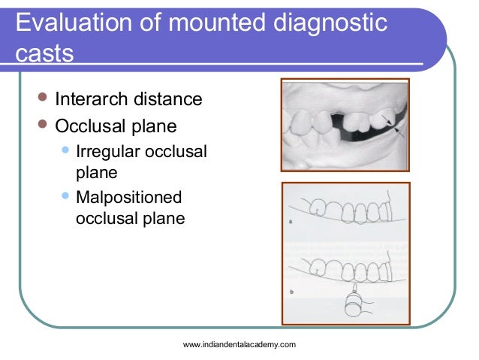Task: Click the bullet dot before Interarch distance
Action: [x=42, y=98]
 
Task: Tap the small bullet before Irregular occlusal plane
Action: [x=66, y=150]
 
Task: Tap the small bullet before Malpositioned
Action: [x=66, y=196]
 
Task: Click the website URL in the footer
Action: [x=239, y=343]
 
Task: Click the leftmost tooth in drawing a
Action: [x=320, y=206]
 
